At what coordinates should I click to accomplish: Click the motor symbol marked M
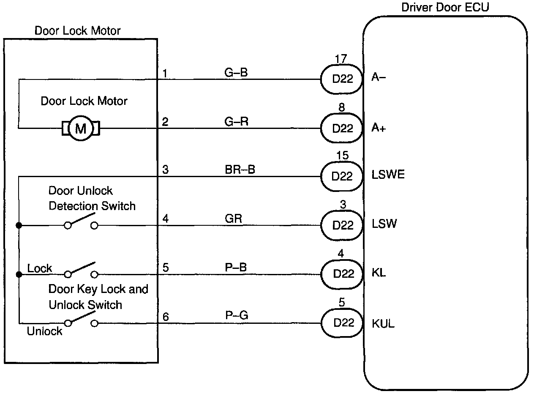pos(81,129)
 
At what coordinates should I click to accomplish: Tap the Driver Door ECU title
pos(445,7)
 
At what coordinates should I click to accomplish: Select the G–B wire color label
pos(236,72)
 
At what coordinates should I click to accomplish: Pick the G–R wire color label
pos(236,121)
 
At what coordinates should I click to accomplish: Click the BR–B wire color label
pos(240,170)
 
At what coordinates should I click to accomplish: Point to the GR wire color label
pos(233,219)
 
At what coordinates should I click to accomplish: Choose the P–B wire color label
pos(236,267)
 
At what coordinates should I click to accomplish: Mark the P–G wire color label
pos(237,315)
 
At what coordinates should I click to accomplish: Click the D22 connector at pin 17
pos(342,79)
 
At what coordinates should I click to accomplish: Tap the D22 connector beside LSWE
pos(342,176)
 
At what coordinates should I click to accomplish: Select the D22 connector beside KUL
pos(342,323)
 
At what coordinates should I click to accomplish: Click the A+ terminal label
pos(379,128)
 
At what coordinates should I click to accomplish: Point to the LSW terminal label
pos(384,224)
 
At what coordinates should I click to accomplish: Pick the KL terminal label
pos(379,273)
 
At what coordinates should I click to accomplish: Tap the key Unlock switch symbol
pos(81,319)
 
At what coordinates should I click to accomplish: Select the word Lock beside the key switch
pos(40,268)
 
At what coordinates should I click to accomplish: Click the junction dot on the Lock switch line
pos(19,275)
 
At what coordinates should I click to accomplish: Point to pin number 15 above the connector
pos(342,155)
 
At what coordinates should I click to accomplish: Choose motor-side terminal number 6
pos(166,317)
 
